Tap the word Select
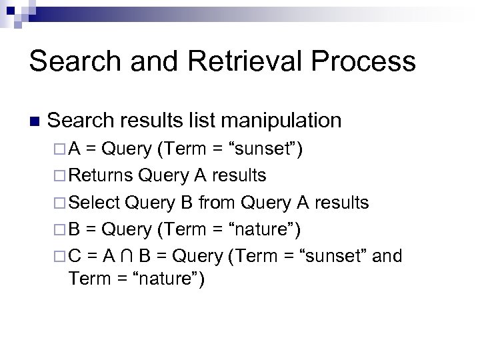(x=94, y=202)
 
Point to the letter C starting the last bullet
(x=75, y=256)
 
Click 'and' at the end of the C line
(x=387, y=256)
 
